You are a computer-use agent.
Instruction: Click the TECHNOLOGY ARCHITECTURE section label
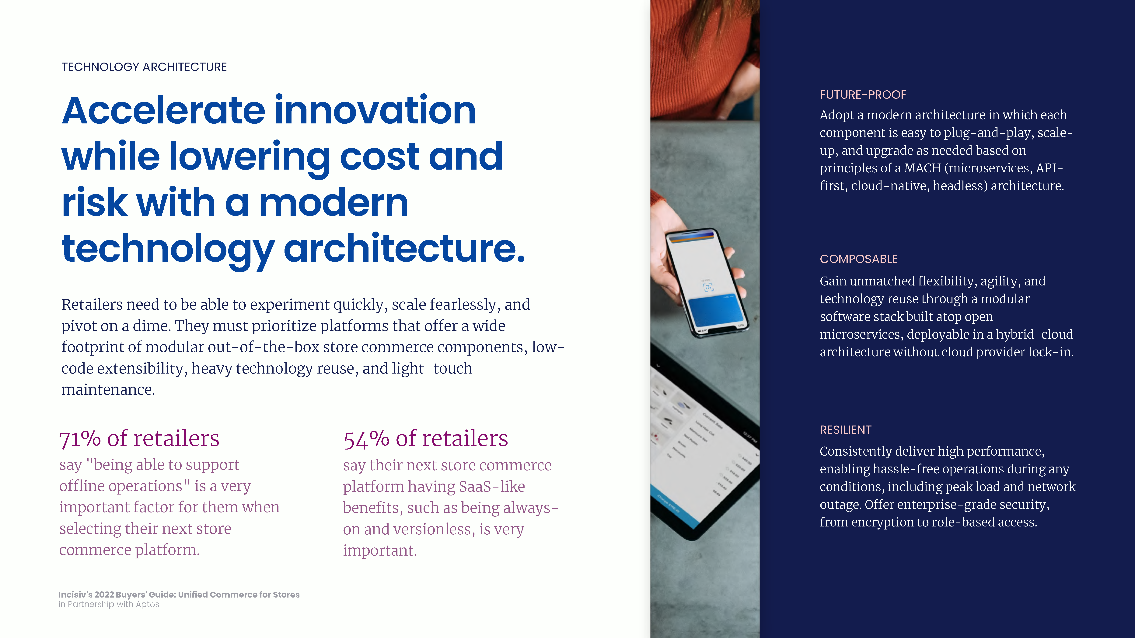[x=144, y=67]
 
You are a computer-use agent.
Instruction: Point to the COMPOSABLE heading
[x=858, y=259]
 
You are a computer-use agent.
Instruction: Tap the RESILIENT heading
[x=846, y=430]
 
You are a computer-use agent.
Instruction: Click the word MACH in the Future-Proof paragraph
[x=922, y=168]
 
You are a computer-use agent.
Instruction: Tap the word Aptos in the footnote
[x=148, y=605]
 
